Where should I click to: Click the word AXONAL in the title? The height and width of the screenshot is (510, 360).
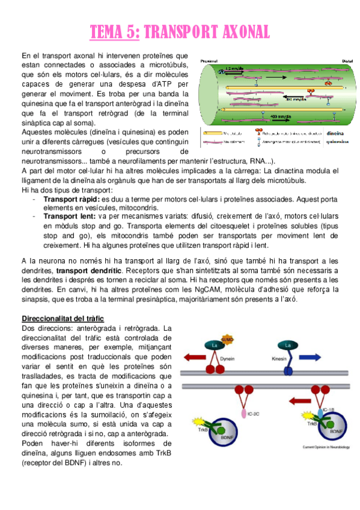pyautogui.click(x=234, y=31)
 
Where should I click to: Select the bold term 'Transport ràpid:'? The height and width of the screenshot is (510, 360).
pyautogui.click(x=72, y=198)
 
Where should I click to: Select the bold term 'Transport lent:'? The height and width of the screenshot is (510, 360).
pyautogui.click(x=69, y=216)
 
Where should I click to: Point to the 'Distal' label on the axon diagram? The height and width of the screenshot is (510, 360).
pyautogui.click(x=347, y=61)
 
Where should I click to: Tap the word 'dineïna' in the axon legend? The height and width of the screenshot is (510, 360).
pyautogui.click(x=335, y=134)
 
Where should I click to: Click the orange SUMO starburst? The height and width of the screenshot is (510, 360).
pyautogui.click(x=228, y=341)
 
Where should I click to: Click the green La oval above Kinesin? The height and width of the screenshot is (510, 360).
pyautogui.click(x=288, y=345)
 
